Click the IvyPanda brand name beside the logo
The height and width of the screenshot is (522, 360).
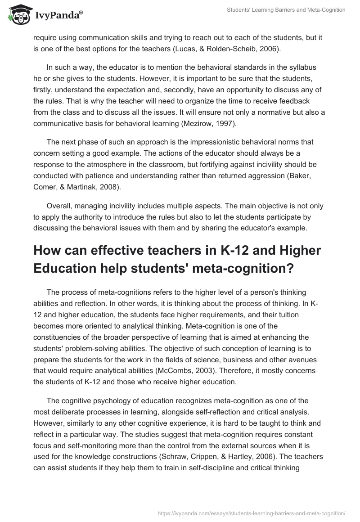pos(58,15)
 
